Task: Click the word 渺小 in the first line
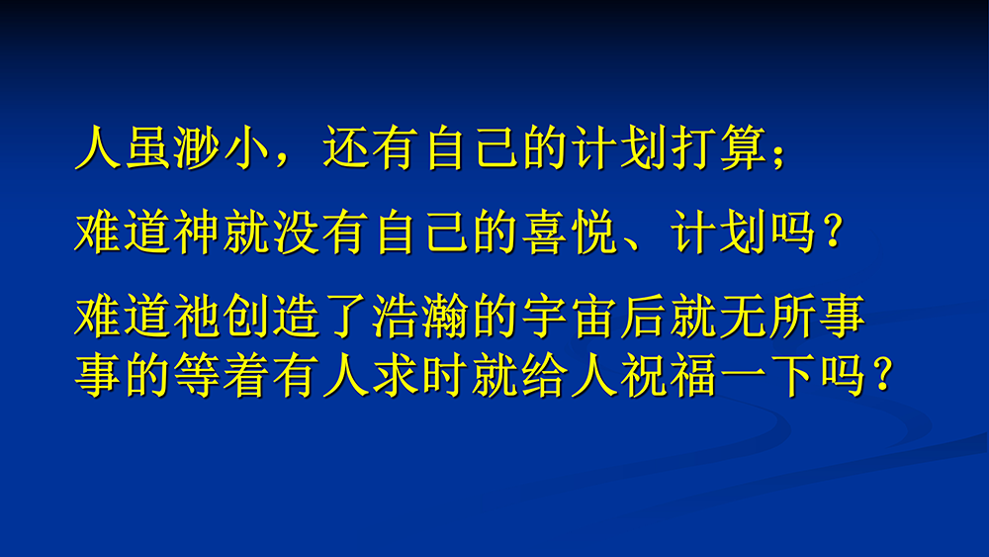(x=200, y=148)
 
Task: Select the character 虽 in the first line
(x=149, y=148)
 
